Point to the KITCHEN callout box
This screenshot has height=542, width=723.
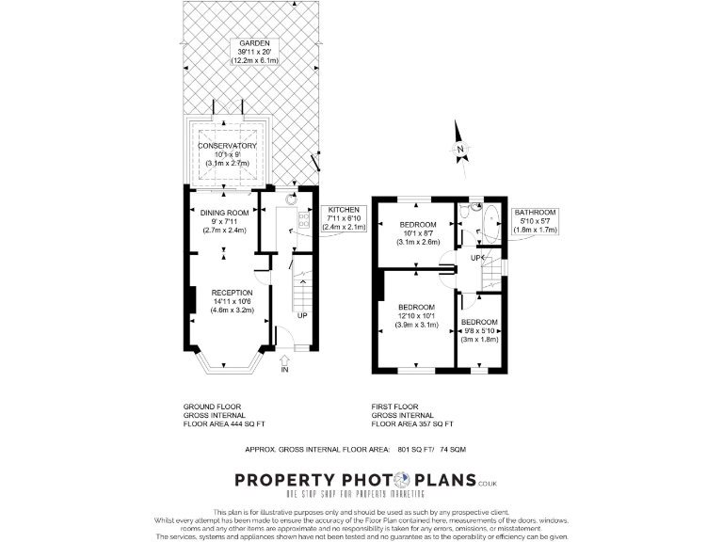click(x=344, y=218)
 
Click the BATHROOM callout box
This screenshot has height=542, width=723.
click(x=536, y=220)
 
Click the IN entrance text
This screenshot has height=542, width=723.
click(x=283, y=370)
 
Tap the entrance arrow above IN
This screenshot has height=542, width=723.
click(x=283, y=359)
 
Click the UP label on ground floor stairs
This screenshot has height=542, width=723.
click(x=302, y=315)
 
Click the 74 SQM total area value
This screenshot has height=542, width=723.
click(x=486, y=449)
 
